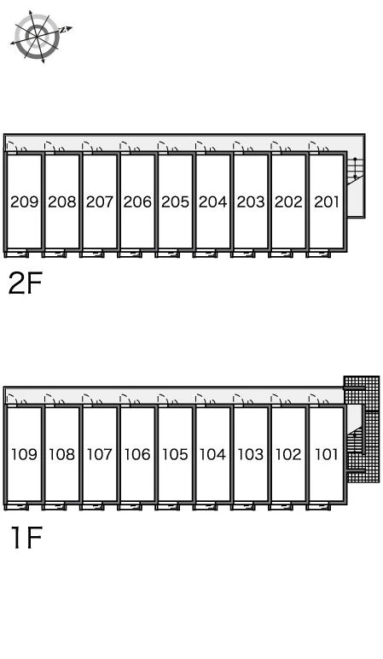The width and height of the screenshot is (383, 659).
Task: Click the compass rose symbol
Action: pos(37,37)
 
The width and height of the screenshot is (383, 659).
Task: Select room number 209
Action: pos(25,201)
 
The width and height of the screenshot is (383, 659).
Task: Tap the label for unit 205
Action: pos(175,201)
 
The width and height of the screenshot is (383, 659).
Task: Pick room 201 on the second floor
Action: pos(327,201)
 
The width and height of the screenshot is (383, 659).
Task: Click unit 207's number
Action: pos(100,201)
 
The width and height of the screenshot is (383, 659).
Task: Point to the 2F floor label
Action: pos(26,283)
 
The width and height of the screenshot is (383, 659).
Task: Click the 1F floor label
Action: pos(27,537)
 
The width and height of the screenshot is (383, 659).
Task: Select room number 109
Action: pos(25,454)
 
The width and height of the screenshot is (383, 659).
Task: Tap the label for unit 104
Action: pos(213,454)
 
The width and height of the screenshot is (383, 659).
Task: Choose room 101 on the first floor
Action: pos(327,454)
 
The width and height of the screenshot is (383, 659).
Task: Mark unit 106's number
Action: pos(137,454)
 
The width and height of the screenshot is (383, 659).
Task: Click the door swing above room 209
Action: pos(17,147)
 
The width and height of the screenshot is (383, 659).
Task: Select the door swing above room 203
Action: pos(244,147)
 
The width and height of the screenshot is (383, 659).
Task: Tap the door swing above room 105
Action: pos(168,399)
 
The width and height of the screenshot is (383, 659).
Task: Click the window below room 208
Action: pos(54,254)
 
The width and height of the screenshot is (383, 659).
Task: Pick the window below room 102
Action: pos(281,506)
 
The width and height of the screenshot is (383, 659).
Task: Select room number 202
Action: pos(288,201)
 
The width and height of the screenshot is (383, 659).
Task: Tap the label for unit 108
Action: pos(61,454)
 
